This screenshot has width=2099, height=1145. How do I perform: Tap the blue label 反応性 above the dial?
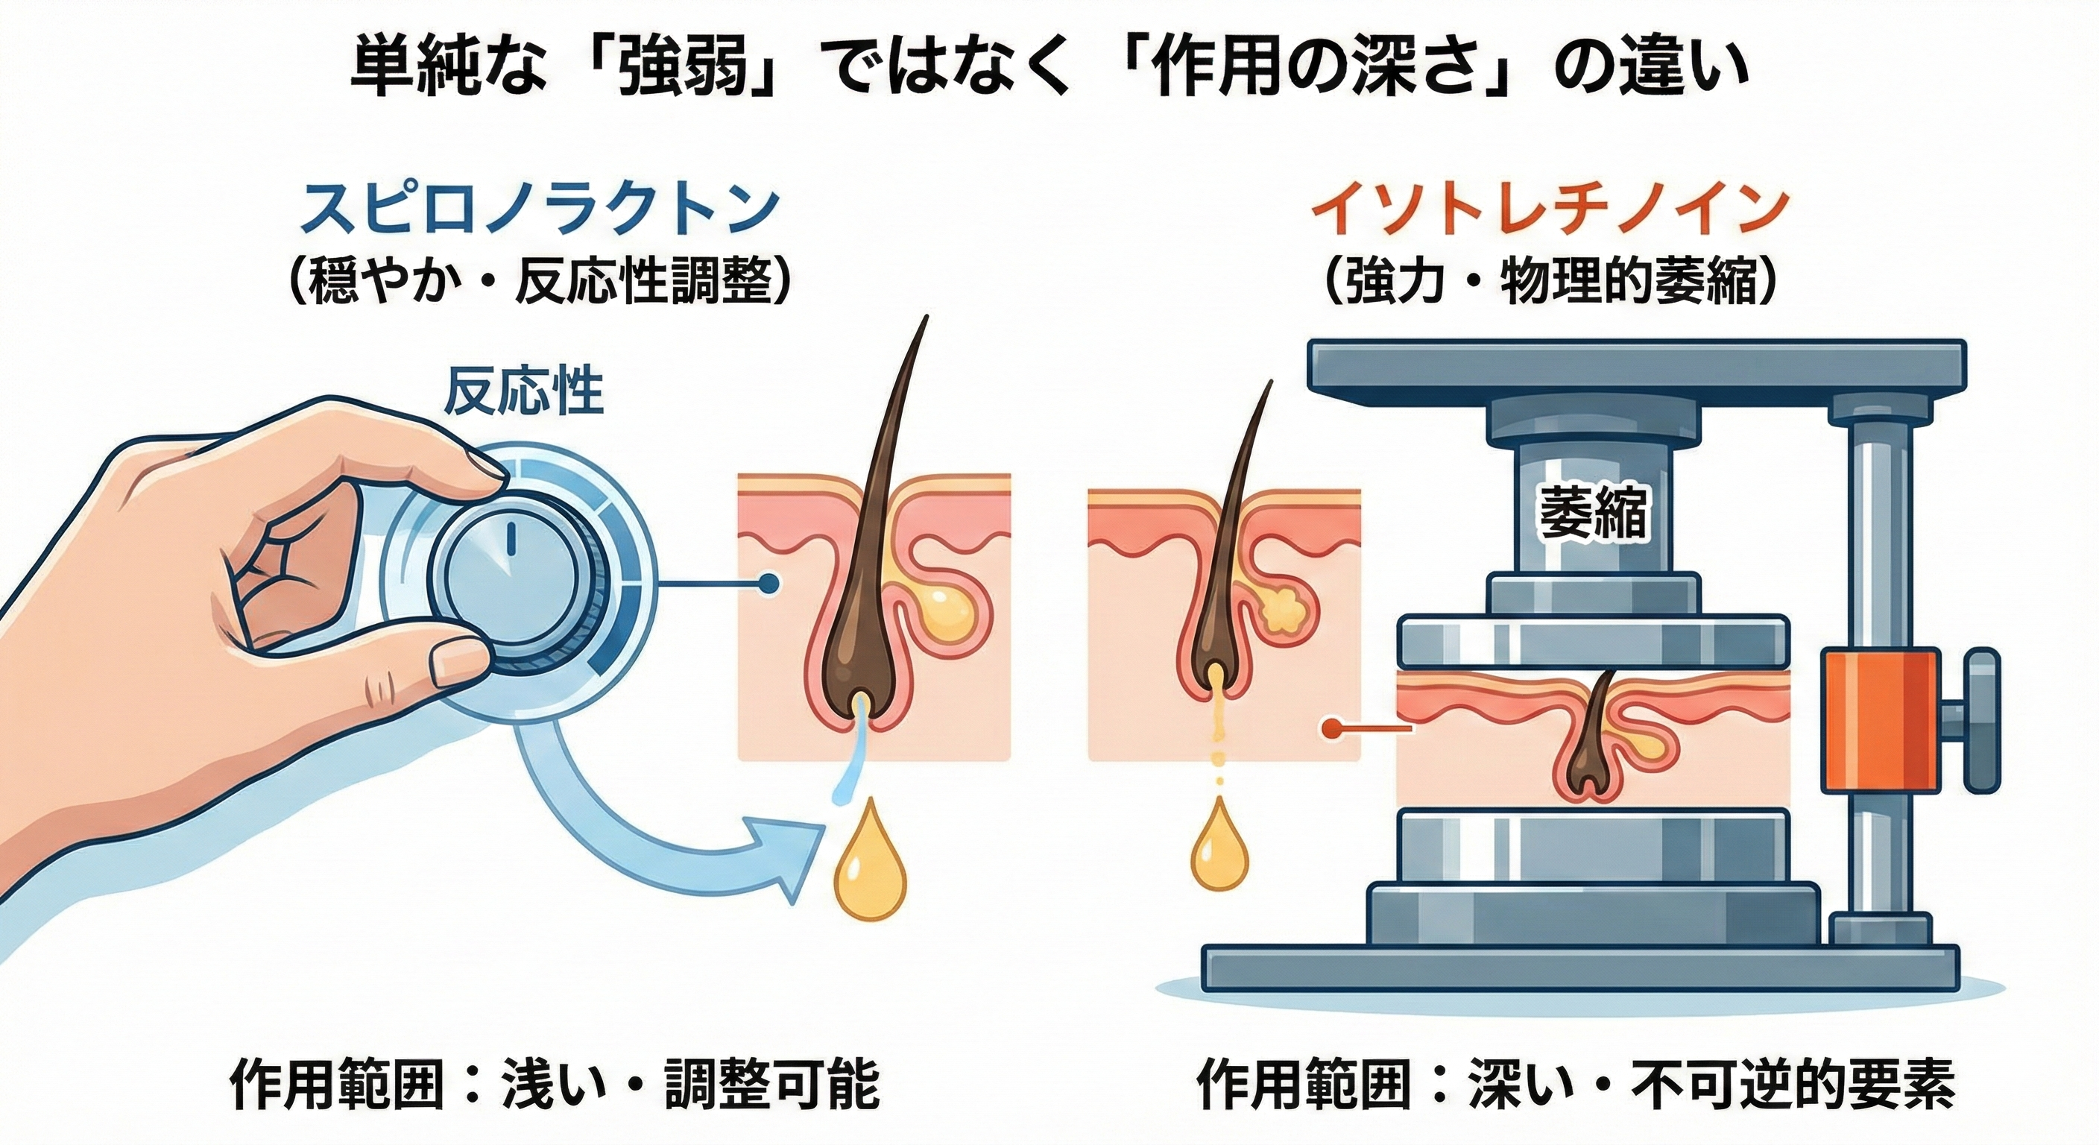click(x=523, y=394)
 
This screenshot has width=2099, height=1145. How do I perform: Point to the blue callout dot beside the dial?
click(x=767, y=583)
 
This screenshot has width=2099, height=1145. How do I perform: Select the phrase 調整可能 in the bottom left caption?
click(x=771, y=1084)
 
